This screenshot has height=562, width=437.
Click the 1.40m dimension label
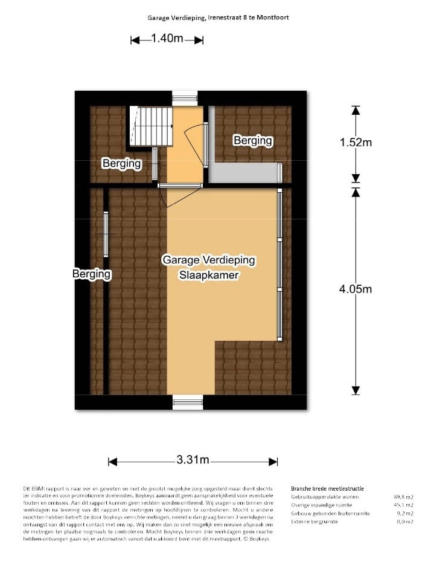[167, 39]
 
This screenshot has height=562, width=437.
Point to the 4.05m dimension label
[355, 289]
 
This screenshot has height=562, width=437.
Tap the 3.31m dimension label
[193, 460]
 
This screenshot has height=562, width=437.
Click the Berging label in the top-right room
[253, 141]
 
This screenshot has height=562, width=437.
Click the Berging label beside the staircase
[121, 163]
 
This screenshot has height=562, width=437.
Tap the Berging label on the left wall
[92, 274]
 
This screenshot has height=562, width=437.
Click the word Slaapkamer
[209, 275]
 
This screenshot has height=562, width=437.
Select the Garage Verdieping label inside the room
[209, 260]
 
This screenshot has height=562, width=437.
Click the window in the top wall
[185, 99]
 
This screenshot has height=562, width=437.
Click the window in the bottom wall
[188, 402]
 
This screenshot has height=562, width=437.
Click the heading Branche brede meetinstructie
[327, 488]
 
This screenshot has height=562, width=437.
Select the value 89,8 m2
[403, 497]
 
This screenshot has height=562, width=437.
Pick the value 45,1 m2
[403, 505]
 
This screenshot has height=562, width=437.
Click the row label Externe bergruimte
[314, 522]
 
